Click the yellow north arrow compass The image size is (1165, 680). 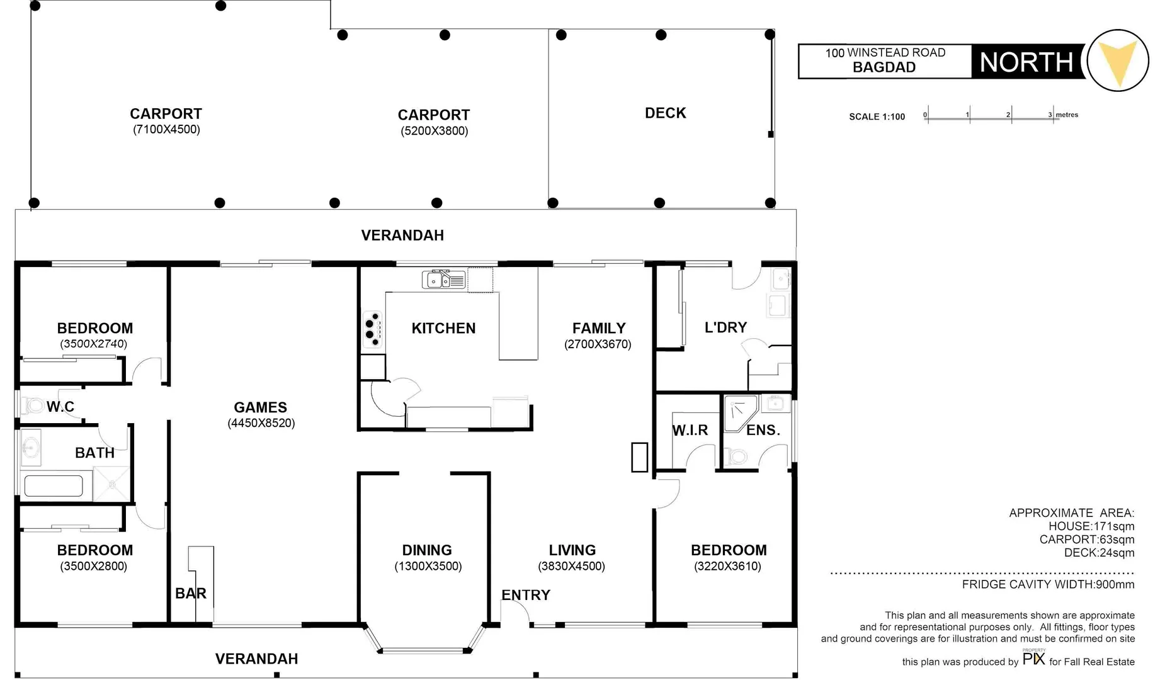[1118, 60]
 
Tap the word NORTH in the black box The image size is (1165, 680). [1026, 62]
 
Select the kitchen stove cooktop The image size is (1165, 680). [372, 329]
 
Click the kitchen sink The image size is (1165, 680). [444, 280]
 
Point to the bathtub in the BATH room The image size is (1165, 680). [53, 486]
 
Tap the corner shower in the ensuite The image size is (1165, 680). [740, 413]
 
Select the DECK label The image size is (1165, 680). [666, 113]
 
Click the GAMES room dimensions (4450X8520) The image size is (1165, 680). [261, 423]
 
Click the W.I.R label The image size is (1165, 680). [690, 431]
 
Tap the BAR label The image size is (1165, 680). [191, 594]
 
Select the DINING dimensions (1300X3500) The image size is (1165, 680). [428, 567]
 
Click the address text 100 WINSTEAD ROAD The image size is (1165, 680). [885, 53]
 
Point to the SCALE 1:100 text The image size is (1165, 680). [877, 117]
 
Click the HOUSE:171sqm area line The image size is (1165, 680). [1091, 526]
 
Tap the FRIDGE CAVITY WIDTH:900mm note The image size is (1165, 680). [1048, 584]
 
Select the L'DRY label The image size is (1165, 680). [725, 327]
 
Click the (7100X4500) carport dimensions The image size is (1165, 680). [166, 130]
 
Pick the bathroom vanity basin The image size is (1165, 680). [31, 448]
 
